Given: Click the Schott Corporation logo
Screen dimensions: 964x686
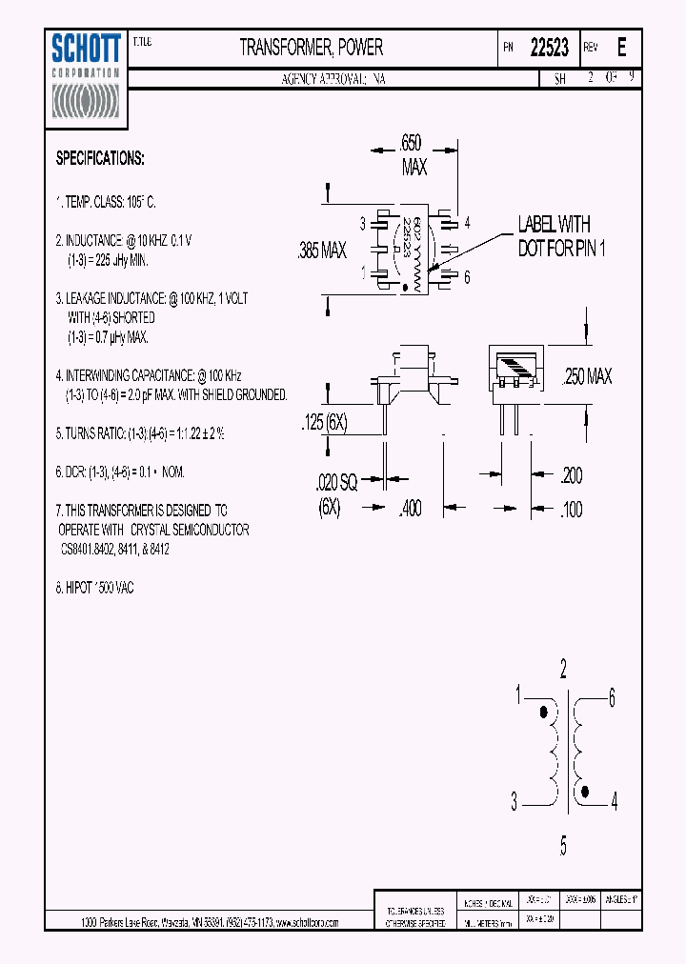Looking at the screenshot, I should click(x=85, y=78).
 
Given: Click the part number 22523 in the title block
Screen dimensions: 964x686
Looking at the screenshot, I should click(x=549, y=48).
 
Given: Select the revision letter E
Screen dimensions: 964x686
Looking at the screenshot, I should click(x=622, y=48).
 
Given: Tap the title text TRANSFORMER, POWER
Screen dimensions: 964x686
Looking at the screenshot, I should click(x=311, y=47).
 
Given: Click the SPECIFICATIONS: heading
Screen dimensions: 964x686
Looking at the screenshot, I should click(x=100, y=158).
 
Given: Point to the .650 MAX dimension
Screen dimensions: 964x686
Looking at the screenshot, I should click(x=413, y=155).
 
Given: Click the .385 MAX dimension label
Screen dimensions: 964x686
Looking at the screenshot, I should click(x=322, y=251).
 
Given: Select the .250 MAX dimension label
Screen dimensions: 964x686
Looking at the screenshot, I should click(x=587, y=377).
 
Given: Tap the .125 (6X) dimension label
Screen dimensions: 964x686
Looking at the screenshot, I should click(x=325, y=424).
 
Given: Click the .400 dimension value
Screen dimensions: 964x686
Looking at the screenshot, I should click(x=410, y=509).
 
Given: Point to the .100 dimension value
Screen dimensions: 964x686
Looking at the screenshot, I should click(x=571, y=509).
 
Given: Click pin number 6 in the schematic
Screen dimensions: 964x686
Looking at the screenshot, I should click(x=613, y=696).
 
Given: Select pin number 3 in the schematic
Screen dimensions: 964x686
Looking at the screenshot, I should click(x=514, y=803).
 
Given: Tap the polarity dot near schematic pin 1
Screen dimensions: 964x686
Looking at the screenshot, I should click(x=544, y=712).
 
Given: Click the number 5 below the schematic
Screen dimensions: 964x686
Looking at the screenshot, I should click(x=563, y=844).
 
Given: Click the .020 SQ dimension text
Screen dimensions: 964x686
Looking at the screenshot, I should click(x=335, y=483).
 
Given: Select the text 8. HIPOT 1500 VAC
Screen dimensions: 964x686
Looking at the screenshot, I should click(x=94, y=588).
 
